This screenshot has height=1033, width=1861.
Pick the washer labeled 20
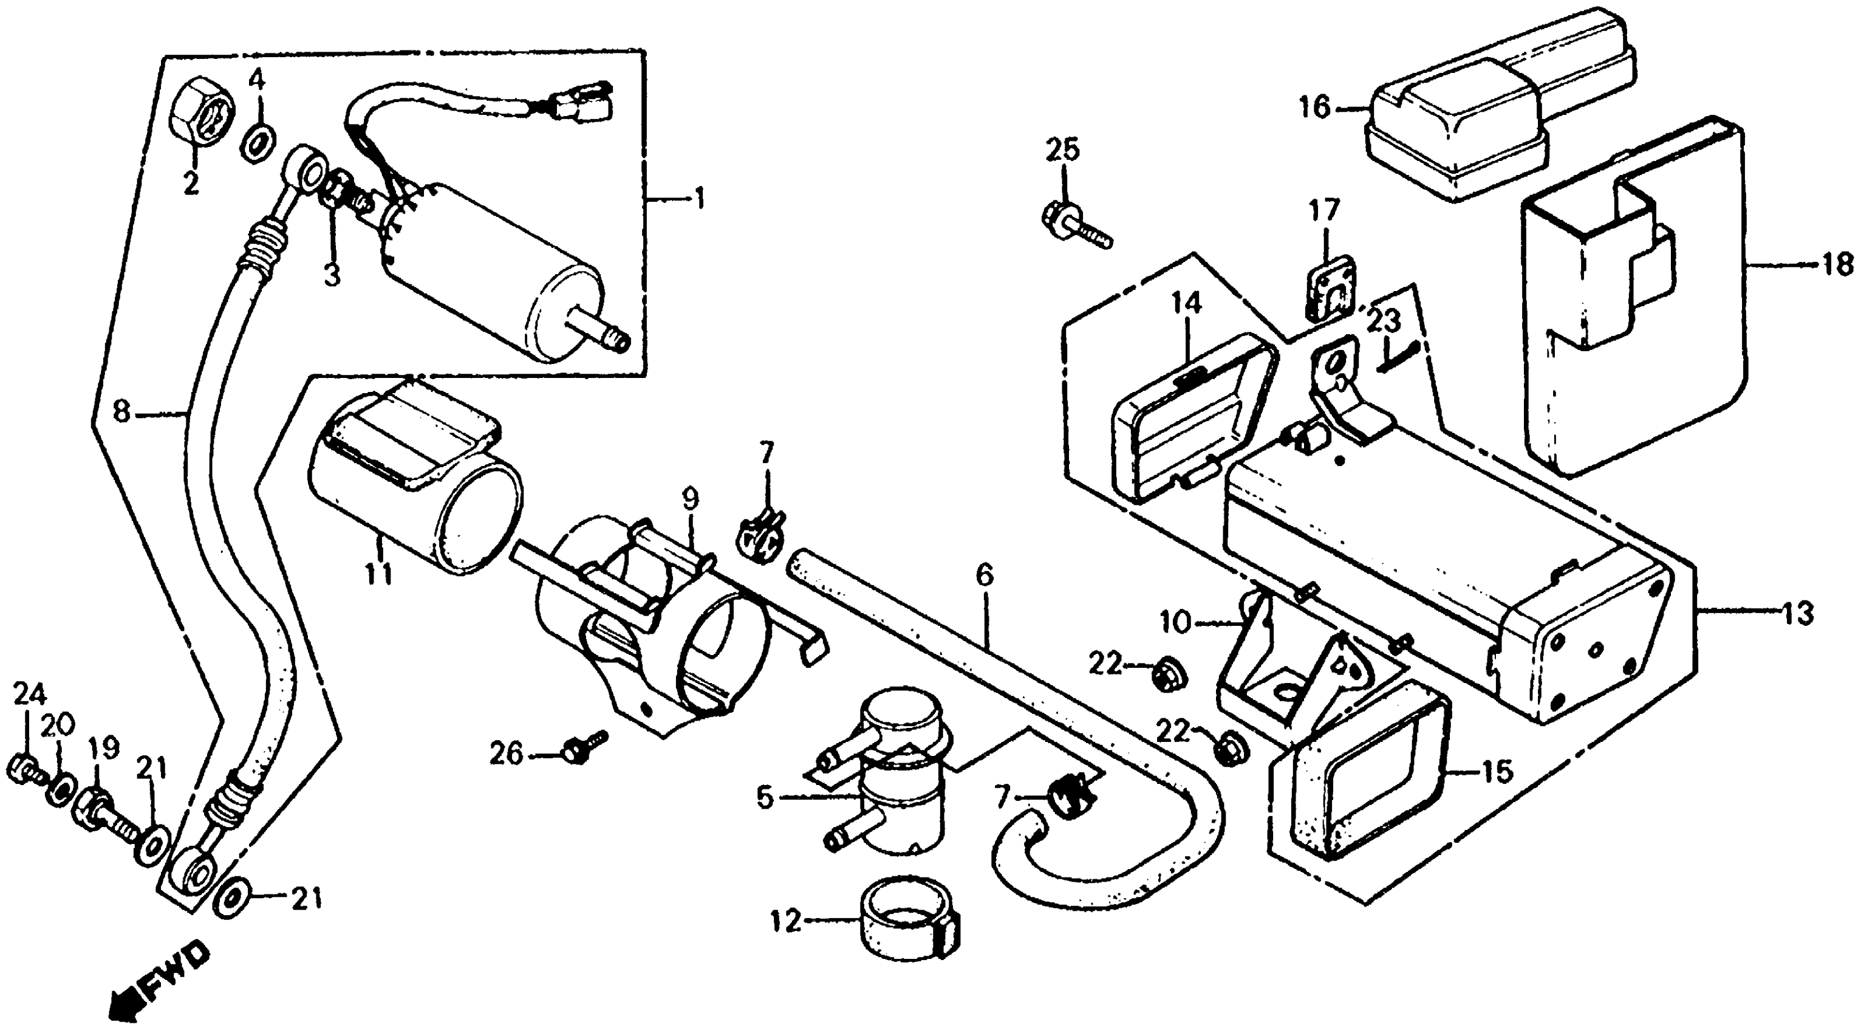pos(60,793)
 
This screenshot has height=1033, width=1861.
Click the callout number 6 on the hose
pos(984,576)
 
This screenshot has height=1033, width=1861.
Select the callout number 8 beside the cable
pos(122,413)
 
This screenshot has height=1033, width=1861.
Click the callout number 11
pos(379,575)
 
